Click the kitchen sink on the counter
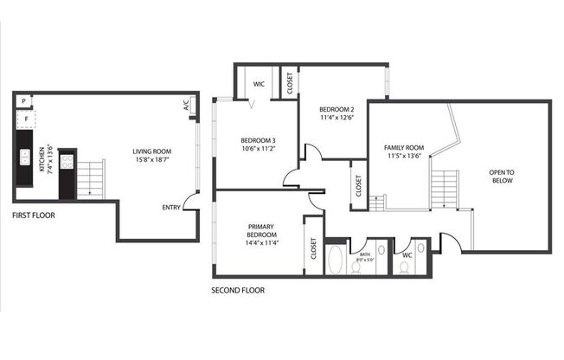[25, 157]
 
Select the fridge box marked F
[25, 118]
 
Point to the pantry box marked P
[23, 101]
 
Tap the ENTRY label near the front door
[171, 207]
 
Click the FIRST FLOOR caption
[34, 215]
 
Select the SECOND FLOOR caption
[238, 291]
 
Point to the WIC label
[259, 85]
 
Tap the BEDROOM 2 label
[336, 109]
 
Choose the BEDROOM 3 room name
[258, 141]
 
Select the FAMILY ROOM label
[404, 148]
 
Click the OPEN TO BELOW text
[502, 177]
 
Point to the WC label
[407, 255]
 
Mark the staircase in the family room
[444, 188]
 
